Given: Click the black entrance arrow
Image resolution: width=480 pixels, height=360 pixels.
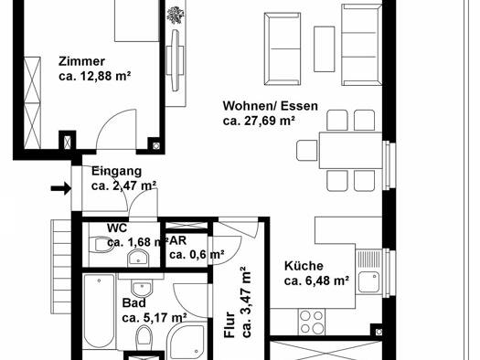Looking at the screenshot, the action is pos(61,188).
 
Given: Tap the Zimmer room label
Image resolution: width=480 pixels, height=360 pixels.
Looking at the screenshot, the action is pos(81,61).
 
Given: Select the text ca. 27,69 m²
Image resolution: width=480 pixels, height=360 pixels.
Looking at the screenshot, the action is pos(259,121).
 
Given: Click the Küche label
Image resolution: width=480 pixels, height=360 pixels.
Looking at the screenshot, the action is pos(304,266).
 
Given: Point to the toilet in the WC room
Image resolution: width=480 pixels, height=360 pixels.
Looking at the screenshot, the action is pos(101,245).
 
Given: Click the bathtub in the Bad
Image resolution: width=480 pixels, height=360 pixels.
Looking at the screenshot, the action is pos(99,311).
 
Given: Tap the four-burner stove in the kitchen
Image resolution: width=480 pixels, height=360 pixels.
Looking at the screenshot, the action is pos(312,322).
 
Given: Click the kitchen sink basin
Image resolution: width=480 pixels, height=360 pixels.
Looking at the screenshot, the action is pos(368,282).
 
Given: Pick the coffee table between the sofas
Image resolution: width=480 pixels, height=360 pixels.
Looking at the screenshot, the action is pos(324,49).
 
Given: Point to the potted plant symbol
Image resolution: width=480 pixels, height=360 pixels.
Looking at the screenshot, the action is pos(176,15).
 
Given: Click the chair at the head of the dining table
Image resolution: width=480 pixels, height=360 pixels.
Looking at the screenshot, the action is pos(306,150).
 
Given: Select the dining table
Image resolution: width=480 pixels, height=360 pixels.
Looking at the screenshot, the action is pos(350,150).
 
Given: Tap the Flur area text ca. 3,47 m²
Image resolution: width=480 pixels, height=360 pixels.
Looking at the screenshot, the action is pos(247,302).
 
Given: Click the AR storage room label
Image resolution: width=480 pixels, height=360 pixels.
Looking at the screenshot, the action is pos(177,240).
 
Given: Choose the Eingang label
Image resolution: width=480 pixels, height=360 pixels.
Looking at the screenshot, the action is pos(117,171).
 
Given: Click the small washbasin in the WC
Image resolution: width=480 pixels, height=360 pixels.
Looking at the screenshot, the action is pos(138,258).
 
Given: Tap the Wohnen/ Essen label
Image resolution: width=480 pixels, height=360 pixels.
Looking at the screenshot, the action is pos(271,106).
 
